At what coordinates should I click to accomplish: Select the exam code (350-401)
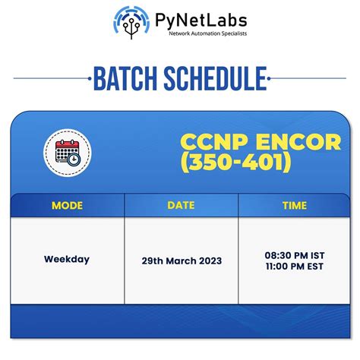tap(235, 163)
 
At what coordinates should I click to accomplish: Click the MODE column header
tap(68, 205)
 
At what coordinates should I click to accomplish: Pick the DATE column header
tap(181, 205)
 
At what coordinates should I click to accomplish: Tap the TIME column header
tap(294, 205)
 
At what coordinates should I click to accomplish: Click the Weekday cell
tap(67, 259)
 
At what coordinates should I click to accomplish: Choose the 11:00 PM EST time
tap(294, 266)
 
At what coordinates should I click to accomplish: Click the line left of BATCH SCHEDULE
tap(49, 77)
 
